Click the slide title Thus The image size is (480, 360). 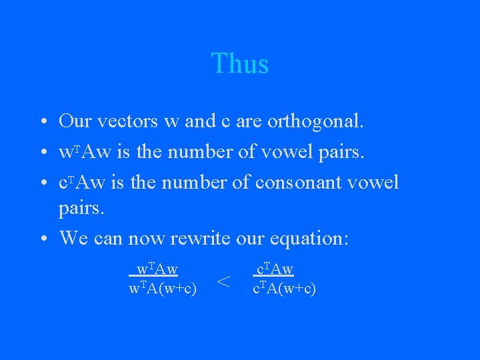[x=240, y=64]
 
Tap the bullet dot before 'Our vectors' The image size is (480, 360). [x=43, y=123]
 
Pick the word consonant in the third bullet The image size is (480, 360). [x=306, y=182]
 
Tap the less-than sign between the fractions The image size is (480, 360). [x=225, y=283]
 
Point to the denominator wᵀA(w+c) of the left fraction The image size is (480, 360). [x=162, y=289]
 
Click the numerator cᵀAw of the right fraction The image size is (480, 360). [x=275, y=269]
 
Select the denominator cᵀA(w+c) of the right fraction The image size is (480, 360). [x=284, y=289]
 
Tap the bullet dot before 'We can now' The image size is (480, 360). [x=43, y=239]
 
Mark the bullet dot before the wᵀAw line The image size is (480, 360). [x=43, y=152]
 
